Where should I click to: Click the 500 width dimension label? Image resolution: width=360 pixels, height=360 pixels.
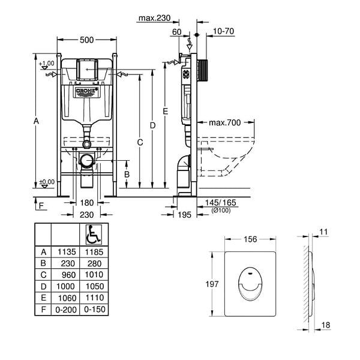pos(86,40)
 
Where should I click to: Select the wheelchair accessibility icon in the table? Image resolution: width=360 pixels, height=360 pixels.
pos(94,235)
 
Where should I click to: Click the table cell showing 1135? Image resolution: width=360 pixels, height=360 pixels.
pos(67,252)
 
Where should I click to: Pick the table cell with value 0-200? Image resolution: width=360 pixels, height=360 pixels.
pos(66,310)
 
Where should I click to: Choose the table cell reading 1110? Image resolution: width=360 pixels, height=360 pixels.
pos(95,298)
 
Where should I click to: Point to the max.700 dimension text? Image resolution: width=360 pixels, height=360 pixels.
pos(225,122)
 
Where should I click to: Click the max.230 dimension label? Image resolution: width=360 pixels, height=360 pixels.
pos(155,18)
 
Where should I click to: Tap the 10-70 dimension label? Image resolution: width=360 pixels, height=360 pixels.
pos(223,31)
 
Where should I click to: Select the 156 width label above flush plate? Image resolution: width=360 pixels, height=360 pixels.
pos(250,239)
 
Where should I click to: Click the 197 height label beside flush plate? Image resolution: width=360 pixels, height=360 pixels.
pos(212,284)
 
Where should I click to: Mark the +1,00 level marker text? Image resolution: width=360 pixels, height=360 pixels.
pos(47,64)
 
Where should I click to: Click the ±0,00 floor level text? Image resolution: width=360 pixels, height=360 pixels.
pos(47,182)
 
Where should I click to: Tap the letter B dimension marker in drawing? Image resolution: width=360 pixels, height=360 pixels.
pos(127,175)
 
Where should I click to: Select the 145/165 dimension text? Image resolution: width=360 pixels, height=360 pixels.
pos(220,203)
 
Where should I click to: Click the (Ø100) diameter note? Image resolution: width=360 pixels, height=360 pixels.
pos(221,210)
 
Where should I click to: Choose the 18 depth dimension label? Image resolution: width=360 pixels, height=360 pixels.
pos(326,325)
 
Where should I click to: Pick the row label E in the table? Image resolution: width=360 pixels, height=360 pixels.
pos(43,298)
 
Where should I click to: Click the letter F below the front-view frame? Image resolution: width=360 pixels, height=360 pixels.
pos(41,205)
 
